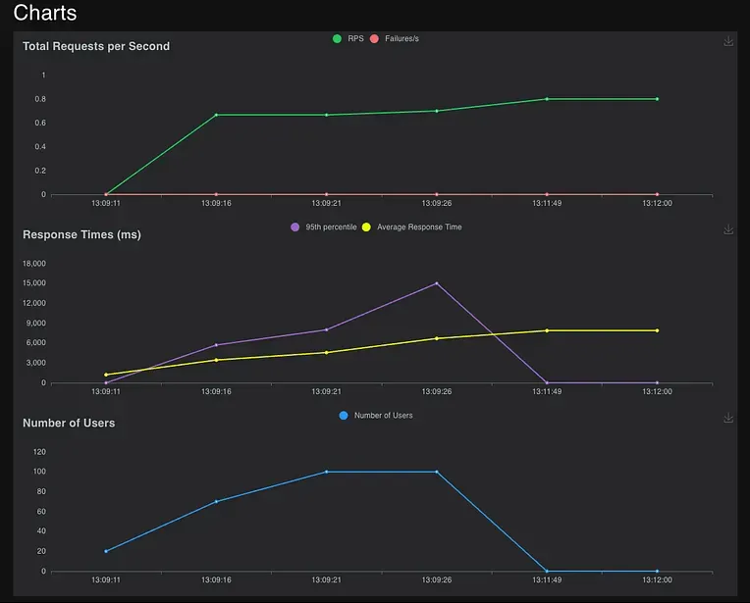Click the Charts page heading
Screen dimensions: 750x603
point(45,13)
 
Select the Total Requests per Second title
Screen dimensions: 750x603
point(96,46)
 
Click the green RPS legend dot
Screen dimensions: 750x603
point(338,38)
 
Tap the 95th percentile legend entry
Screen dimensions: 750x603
point(324,226)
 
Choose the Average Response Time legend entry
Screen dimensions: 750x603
point(412,226)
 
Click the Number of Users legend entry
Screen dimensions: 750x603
point(375,416)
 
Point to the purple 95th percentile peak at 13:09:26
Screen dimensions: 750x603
point(437,283)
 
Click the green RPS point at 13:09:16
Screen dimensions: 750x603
point(216,115)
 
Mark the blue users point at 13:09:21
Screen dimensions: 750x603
point(327,472)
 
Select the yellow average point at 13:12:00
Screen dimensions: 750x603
point(657,330)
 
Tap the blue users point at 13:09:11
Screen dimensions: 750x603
point(106,551)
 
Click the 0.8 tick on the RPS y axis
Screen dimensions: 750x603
point(40,99)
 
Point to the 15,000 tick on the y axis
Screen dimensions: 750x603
point(34,282)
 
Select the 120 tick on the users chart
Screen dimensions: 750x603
point(39,452)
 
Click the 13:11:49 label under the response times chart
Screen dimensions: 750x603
point(547,391)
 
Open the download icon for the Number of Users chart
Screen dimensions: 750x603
point(728,418)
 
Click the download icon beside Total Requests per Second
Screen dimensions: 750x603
point(728,41)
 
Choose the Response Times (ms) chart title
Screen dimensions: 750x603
point(81,234)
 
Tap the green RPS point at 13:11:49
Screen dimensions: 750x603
point(547,99)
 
